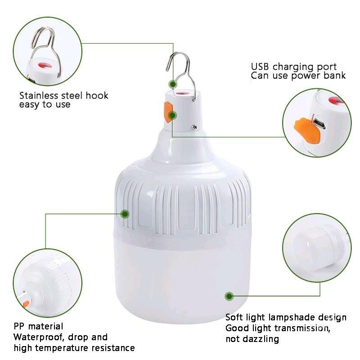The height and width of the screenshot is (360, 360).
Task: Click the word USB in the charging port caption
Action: pyautogui.click(x=260, y=67)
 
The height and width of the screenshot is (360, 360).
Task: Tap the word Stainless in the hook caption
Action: pyautogui.click(x=39, y=95)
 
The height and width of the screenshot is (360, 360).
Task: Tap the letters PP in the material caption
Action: pyautogui.click(x=19, y=326)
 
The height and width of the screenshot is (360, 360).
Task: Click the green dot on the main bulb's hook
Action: pyautogui.click(x=173, y=84)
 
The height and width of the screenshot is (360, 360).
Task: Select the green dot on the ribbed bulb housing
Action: pyautogui.click(x=125, y=214)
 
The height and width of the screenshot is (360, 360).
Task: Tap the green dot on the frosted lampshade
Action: pyautogui.click(x=229, y=296)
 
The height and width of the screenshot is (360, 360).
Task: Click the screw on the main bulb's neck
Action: pyautogui.click(x=194, y=127)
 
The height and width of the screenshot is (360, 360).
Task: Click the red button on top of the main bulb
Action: pyautogui.click(x=181, y=94)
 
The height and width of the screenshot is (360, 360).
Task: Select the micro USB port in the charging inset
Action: pyautogui.click(x=319, y=123)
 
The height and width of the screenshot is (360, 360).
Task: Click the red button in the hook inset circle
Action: pyautogui.click(x=45, y=66)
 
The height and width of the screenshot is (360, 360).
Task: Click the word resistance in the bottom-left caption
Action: pyautogui.click(x=113, y=348)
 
